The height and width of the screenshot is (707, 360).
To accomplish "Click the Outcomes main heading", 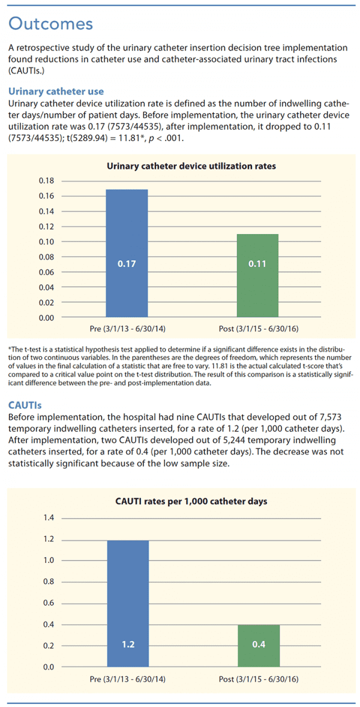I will pyautogui.click(x=51, y=23).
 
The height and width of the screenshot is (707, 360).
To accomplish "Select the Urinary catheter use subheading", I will pyautogui.click(x=56, y=91).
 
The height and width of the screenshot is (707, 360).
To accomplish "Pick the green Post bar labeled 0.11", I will pyautogui.click(x=257, y=275).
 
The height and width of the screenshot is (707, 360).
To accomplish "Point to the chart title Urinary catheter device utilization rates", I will pyautogui.click(x=191, y=166).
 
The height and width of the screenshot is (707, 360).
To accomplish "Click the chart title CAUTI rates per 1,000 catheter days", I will pyautogui.click(x=191, y=501).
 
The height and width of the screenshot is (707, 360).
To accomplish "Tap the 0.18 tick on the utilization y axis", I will pyautogui.click(x=46, y=181).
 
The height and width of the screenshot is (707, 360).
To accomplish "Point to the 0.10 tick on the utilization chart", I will pyautogui.click(x=46, y=242).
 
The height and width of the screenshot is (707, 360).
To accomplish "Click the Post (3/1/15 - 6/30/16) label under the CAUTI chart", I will pyautogui.click(x=259, y=679).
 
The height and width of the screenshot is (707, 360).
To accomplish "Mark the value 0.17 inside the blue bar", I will pyautogui.click(x=127, y=264).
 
